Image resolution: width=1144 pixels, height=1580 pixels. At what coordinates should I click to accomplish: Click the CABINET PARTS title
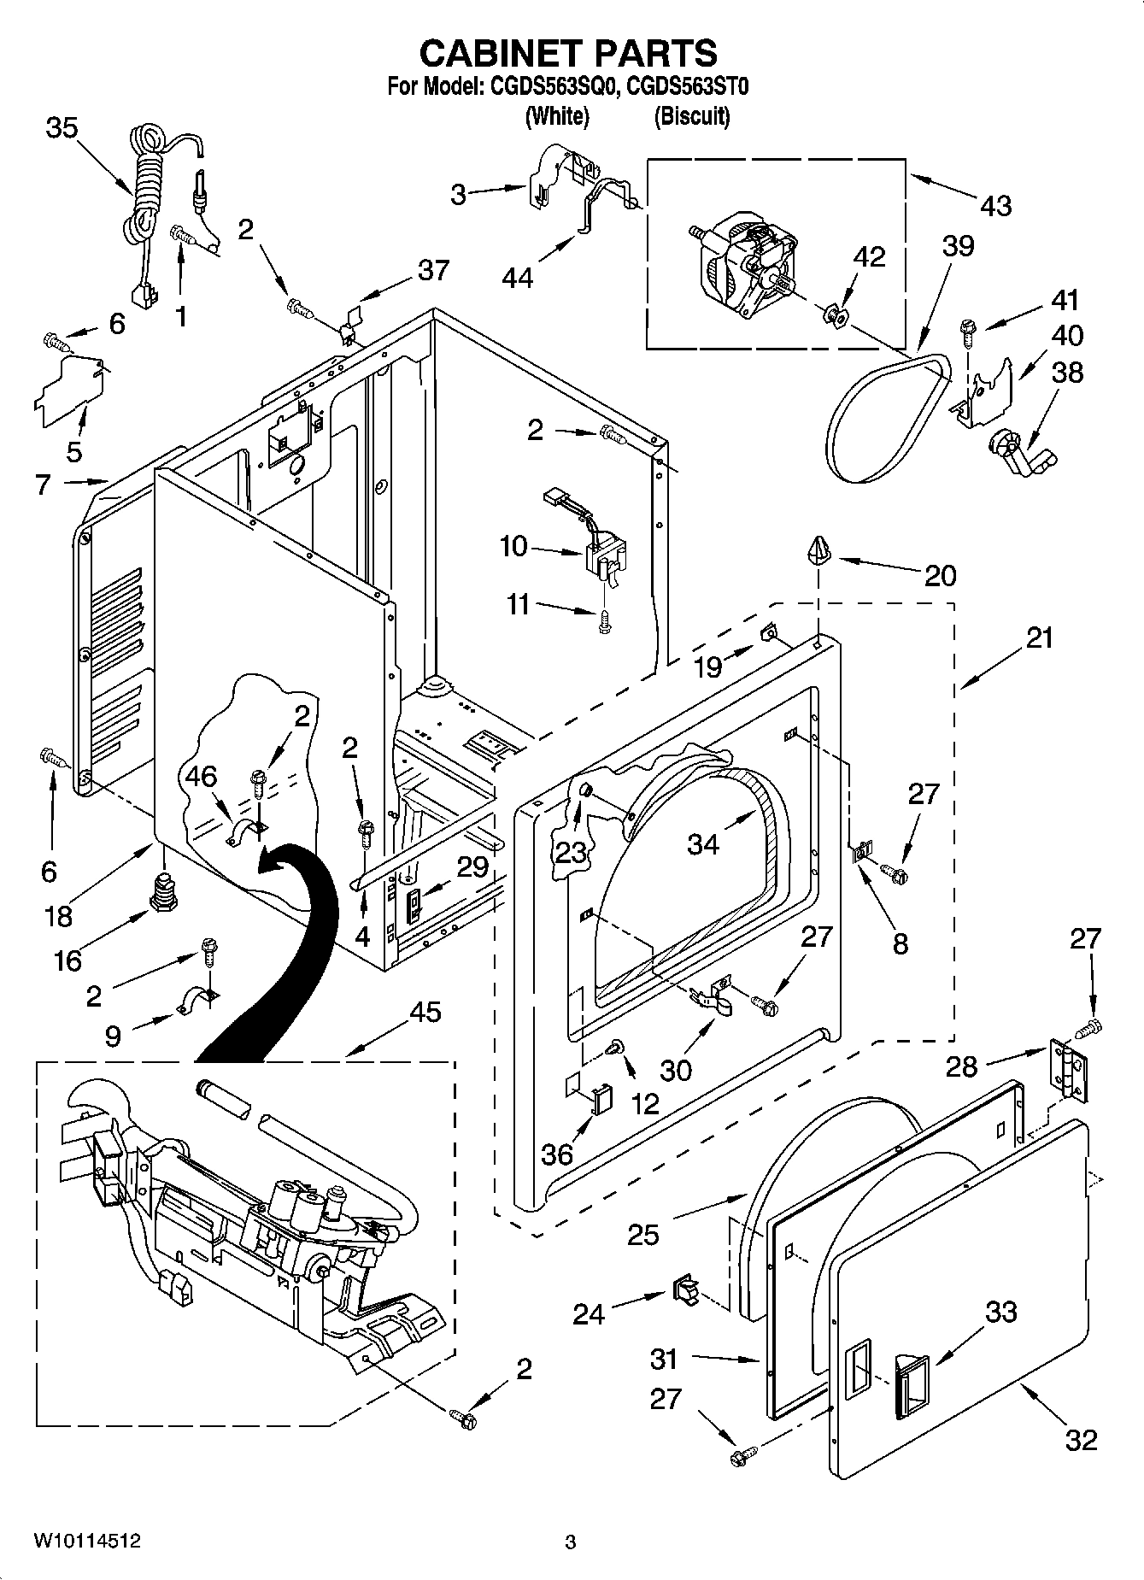[x=568, y=53]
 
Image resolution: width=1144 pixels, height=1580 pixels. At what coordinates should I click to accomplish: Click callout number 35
[x=62, y=128]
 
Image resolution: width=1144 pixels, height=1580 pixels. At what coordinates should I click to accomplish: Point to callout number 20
[x=940, y=575]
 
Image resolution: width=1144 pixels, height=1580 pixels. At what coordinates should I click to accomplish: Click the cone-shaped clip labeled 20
[x=818, y=549]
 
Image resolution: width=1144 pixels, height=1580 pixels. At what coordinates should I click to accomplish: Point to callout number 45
[x=425, y=1012]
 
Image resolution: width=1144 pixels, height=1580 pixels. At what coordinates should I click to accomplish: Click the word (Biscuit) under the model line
[x=691, y=116]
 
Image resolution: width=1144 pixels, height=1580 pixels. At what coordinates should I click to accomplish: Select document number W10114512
[x=87, y=1541]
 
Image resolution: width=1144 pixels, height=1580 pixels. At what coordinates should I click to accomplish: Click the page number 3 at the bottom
[x=571, y=1542]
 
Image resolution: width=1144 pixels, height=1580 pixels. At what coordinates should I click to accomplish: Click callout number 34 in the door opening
[x=703, y=843]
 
